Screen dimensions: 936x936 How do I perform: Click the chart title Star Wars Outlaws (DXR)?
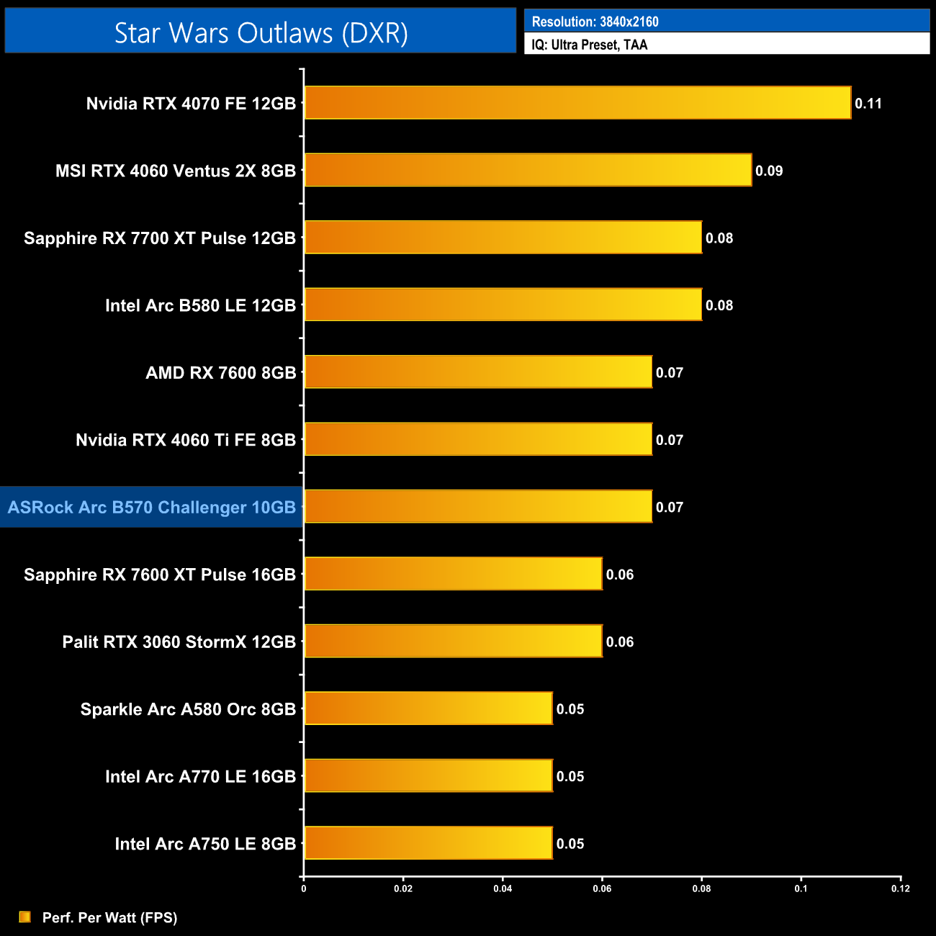coord(261,33)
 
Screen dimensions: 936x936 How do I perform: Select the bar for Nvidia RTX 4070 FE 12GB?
coord(577,103)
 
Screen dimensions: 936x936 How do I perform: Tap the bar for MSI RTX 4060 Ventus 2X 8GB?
coord(528,170)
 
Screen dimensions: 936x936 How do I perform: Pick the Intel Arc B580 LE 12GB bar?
coord(503,305)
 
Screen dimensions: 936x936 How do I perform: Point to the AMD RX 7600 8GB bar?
coord(478,372)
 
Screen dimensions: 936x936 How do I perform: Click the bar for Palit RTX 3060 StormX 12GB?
coord(453,642)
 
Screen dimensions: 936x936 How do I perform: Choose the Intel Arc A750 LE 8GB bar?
coord(428,843)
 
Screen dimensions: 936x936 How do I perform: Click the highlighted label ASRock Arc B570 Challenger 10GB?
coord(152,508)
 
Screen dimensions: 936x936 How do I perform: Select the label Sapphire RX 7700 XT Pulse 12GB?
coord(160,238)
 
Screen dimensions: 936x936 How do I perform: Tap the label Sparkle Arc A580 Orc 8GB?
coord(188,709)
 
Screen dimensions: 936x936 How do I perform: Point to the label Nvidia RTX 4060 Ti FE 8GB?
coord(186,440)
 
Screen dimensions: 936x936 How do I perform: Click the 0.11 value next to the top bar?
coord(868,104)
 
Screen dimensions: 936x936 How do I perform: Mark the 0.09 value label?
coord(769,171)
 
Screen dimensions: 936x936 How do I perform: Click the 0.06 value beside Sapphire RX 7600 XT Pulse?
coord(620,575)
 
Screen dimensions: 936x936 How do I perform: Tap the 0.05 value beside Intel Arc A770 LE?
coord(570,776)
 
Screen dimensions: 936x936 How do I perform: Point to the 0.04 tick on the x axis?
coord(503,888)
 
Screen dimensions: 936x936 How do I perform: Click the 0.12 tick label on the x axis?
coord(900,888)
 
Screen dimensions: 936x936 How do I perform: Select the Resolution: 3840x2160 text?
coord(595,22)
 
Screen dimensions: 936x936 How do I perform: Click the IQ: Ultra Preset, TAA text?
coord(590,45)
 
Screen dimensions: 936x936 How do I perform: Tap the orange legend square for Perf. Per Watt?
coord(25,917)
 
